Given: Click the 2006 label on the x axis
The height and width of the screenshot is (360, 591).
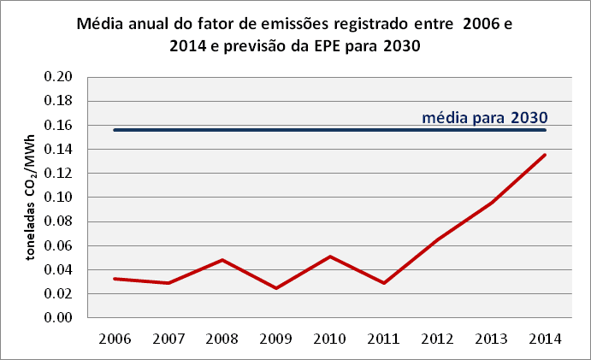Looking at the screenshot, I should [115, 339].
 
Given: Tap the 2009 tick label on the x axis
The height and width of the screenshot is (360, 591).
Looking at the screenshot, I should [276, 339].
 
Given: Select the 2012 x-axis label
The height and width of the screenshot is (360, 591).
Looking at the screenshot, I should [438, 339].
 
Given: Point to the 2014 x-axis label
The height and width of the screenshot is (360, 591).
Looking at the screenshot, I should [546, 339].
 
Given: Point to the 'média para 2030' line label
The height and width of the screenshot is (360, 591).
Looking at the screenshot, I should [484, 117].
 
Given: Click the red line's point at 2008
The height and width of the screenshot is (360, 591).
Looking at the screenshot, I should [222, 260].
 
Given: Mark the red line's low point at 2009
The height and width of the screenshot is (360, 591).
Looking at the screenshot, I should [276, 288].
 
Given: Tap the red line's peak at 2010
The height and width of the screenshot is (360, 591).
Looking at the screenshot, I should [330, 257].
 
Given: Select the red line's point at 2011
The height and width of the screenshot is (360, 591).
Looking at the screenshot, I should [384, 283].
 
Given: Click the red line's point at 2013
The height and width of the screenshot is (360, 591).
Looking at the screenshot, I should [492, 203].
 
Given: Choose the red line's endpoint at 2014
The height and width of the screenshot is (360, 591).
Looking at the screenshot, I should [546, 154].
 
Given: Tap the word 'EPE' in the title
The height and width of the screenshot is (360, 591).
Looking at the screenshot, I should [333, 47].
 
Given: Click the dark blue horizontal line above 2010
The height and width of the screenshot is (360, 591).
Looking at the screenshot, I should [330, 130].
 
